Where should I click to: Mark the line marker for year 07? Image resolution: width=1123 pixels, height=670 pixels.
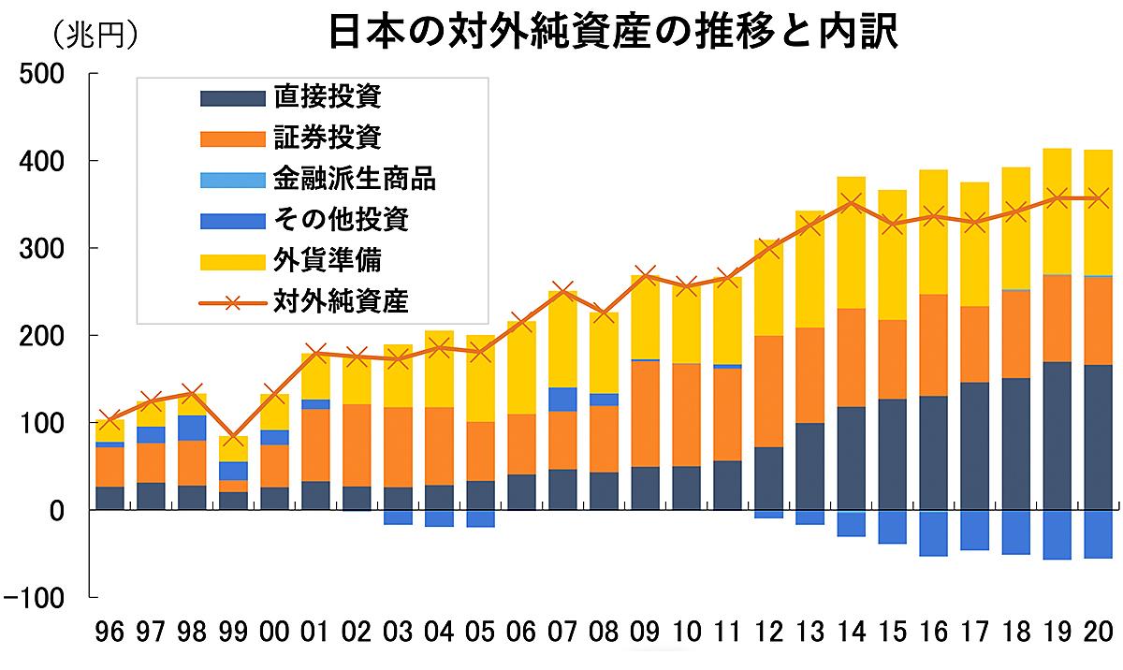pos(562,291)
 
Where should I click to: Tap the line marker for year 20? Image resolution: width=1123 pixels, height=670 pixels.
pos(1098,197)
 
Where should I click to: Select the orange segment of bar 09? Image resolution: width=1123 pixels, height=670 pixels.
pos(645,413)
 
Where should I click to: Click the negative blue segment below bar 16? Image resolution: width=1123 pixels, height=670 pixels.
pos(933,533)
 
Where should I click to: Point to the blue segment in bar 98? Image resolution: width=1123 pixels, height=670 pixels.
pos(192,428)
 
